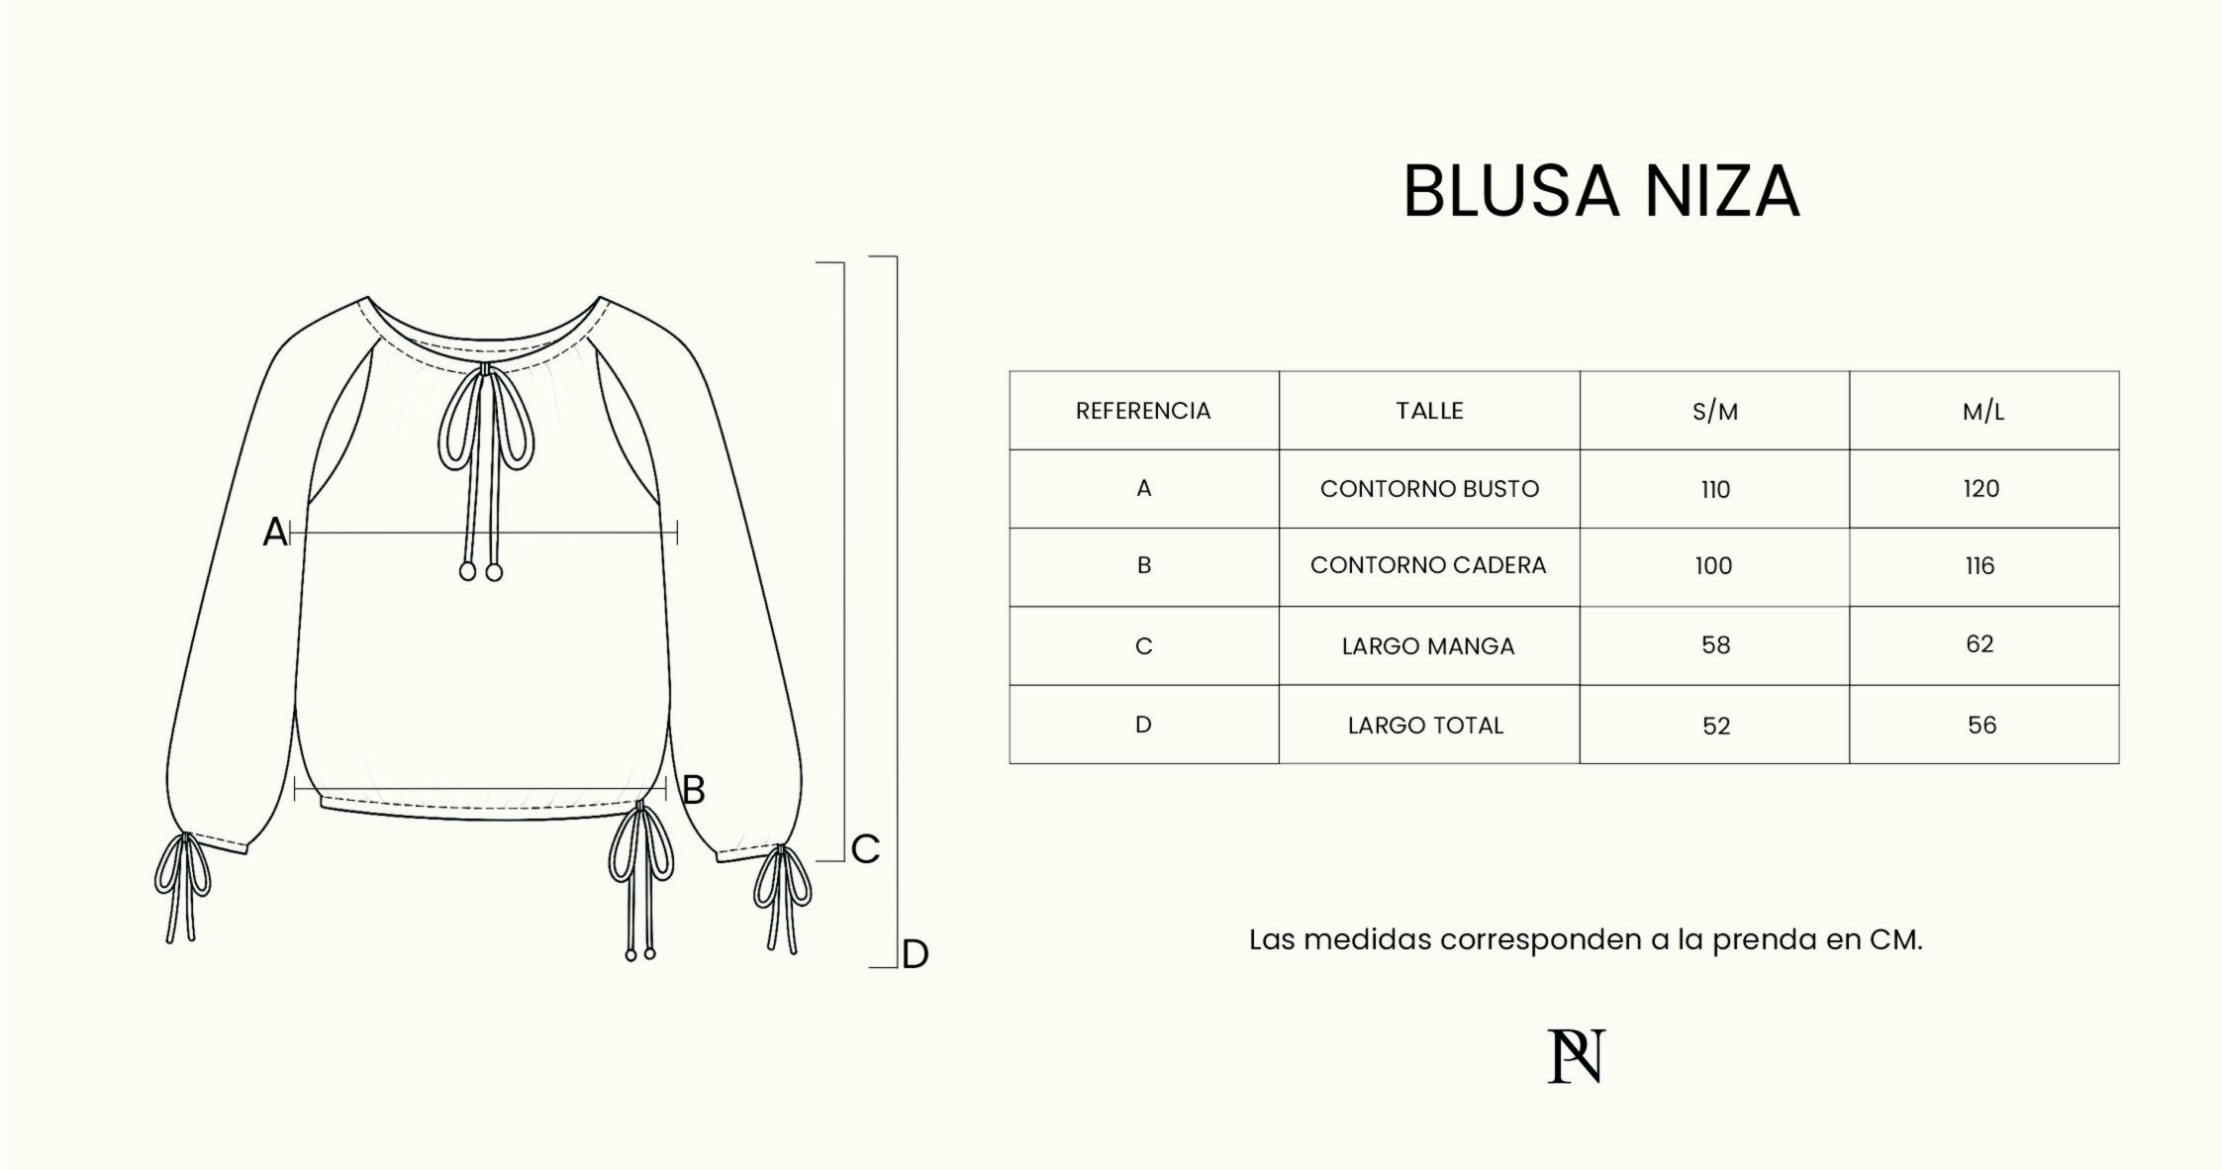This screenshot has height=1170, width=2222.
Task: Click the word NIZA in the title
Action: (x=1721, y=191)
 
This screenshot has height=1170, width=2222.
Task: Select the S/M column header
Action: (x=1715, y=412)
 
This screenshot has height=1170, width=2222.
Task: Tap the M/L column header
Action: (x=1983, y=412)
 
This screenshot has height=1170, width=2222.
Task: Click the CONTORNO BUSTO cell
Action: (x=1429, y=489)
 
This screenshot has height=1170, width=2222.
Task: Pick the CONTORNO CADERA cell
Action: (x=1428, y=565)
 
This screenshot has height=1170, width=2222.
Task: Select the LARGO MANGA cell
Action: (x=1428, y=646)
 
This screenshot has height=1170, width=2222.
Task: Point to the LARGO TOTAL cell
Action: (x=1425, y=726)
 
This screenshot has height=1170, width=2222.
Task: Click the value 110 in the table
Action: (x=1715, y=489)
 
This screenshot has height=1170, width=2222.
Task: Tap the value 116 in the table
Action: (x=1980, y=566)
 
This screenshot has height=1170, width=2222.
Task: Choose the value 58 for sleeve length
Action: (x=1715, y=645)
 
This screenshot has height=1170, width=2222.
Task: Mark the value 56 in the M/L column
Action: (x=1981, y=726)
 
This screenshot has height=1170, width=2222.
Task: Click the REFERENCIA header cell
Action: (x=1143, y=411)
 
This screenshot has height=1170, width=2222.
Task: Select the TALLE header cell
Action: (x=1429, y=411)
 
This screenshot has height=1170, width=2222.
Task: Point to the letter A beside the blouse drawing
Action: (x=274, y=533)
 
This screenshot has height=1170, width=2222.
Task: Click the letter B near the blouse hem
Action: (x=694, y=790)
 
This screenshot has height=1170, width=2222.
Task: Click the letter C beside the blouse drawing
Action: (x=865, y=849)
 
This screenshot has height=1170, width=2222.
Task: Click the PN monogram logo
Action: (x=1577, y=1056)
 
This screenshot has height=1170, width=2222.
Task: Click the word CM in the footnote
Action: (x=1894, y=939)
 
